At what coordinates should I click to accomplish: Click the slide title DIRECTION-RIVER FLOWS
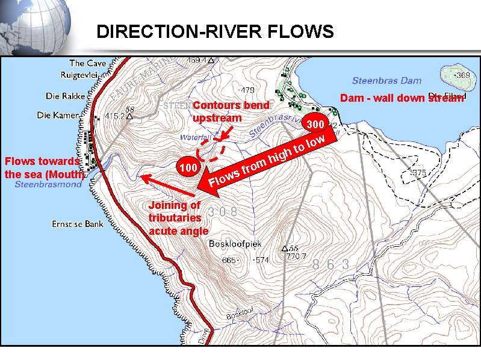(x=214, y=31)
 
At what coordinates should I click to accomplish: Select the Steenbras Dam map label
(x=386, y=81)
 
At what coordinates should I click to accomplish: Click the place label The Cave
(x=87, y=63)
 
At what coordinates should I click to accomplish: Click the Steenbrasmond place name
(x=48, y=185)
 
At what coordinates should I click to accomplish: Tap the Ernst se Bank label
(x=77, y=224)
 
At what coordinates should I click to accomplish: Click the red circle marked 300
(x=315, y=125)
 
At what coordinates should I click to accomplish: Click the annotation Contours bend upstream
(x=231, y=111)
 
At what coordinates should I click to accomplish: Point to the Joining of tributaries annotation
(x=178, y=218)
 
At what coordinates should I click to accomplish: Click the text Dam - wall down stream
(x=402, y=98)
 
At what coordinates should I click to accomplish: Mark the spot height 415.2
(x=116, y=116)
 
